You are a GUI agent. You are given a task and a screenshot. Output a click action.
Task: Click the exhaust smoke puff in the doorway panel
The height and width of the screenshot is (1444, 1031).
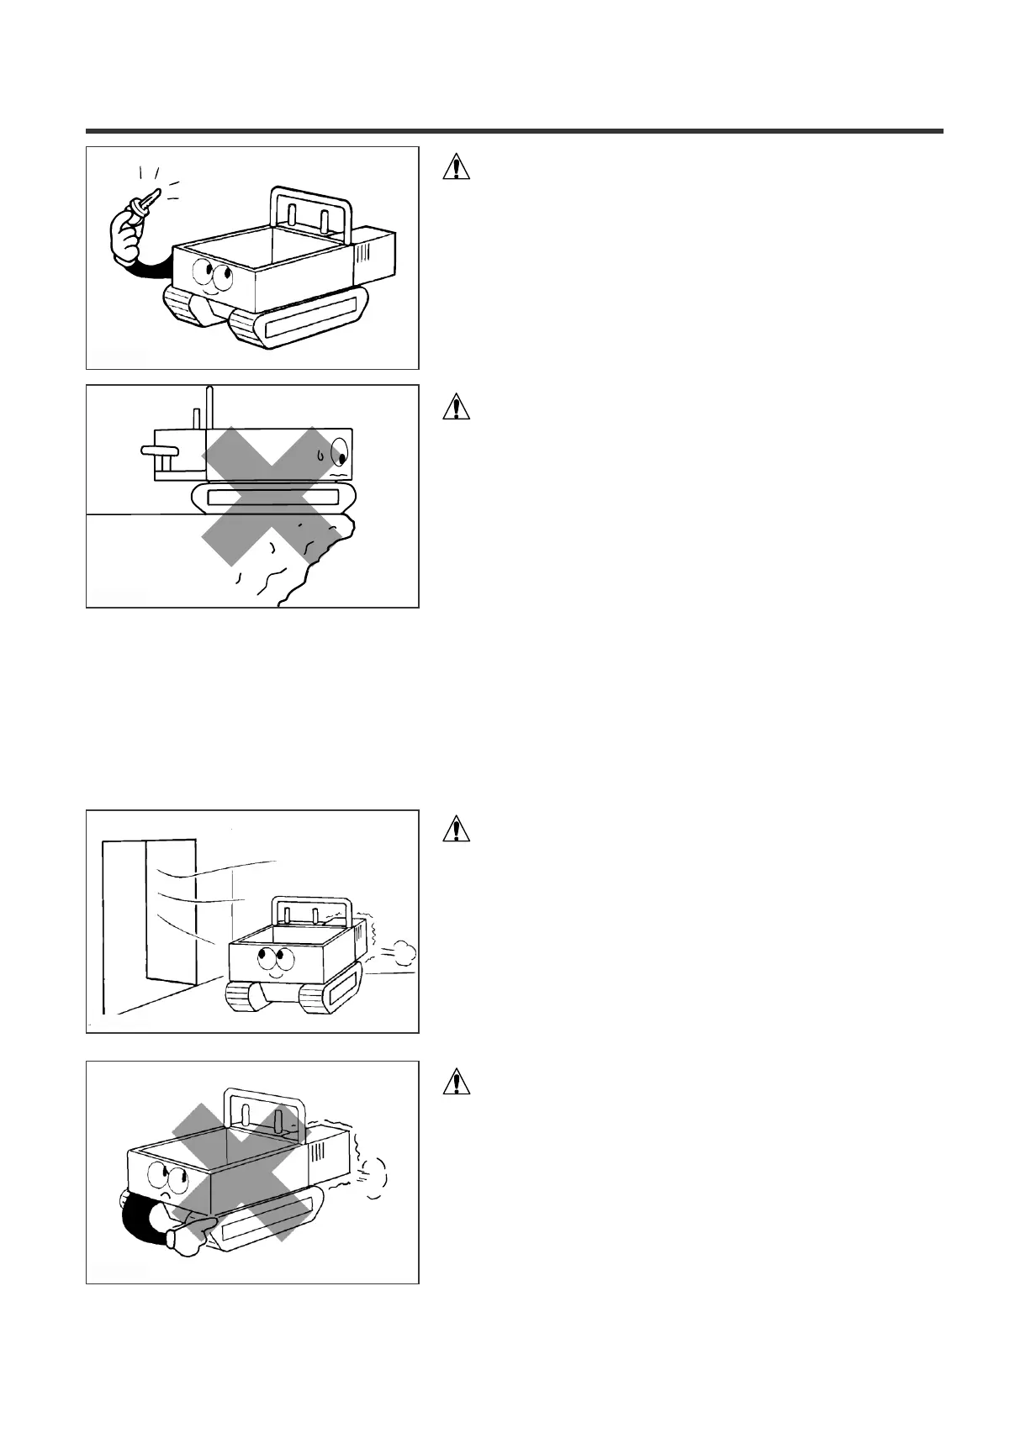tap(402, 951)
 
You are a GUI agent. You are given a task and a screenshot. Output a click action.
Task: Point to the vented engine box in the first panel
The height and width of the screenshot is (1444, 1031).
tap(374, 252)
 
